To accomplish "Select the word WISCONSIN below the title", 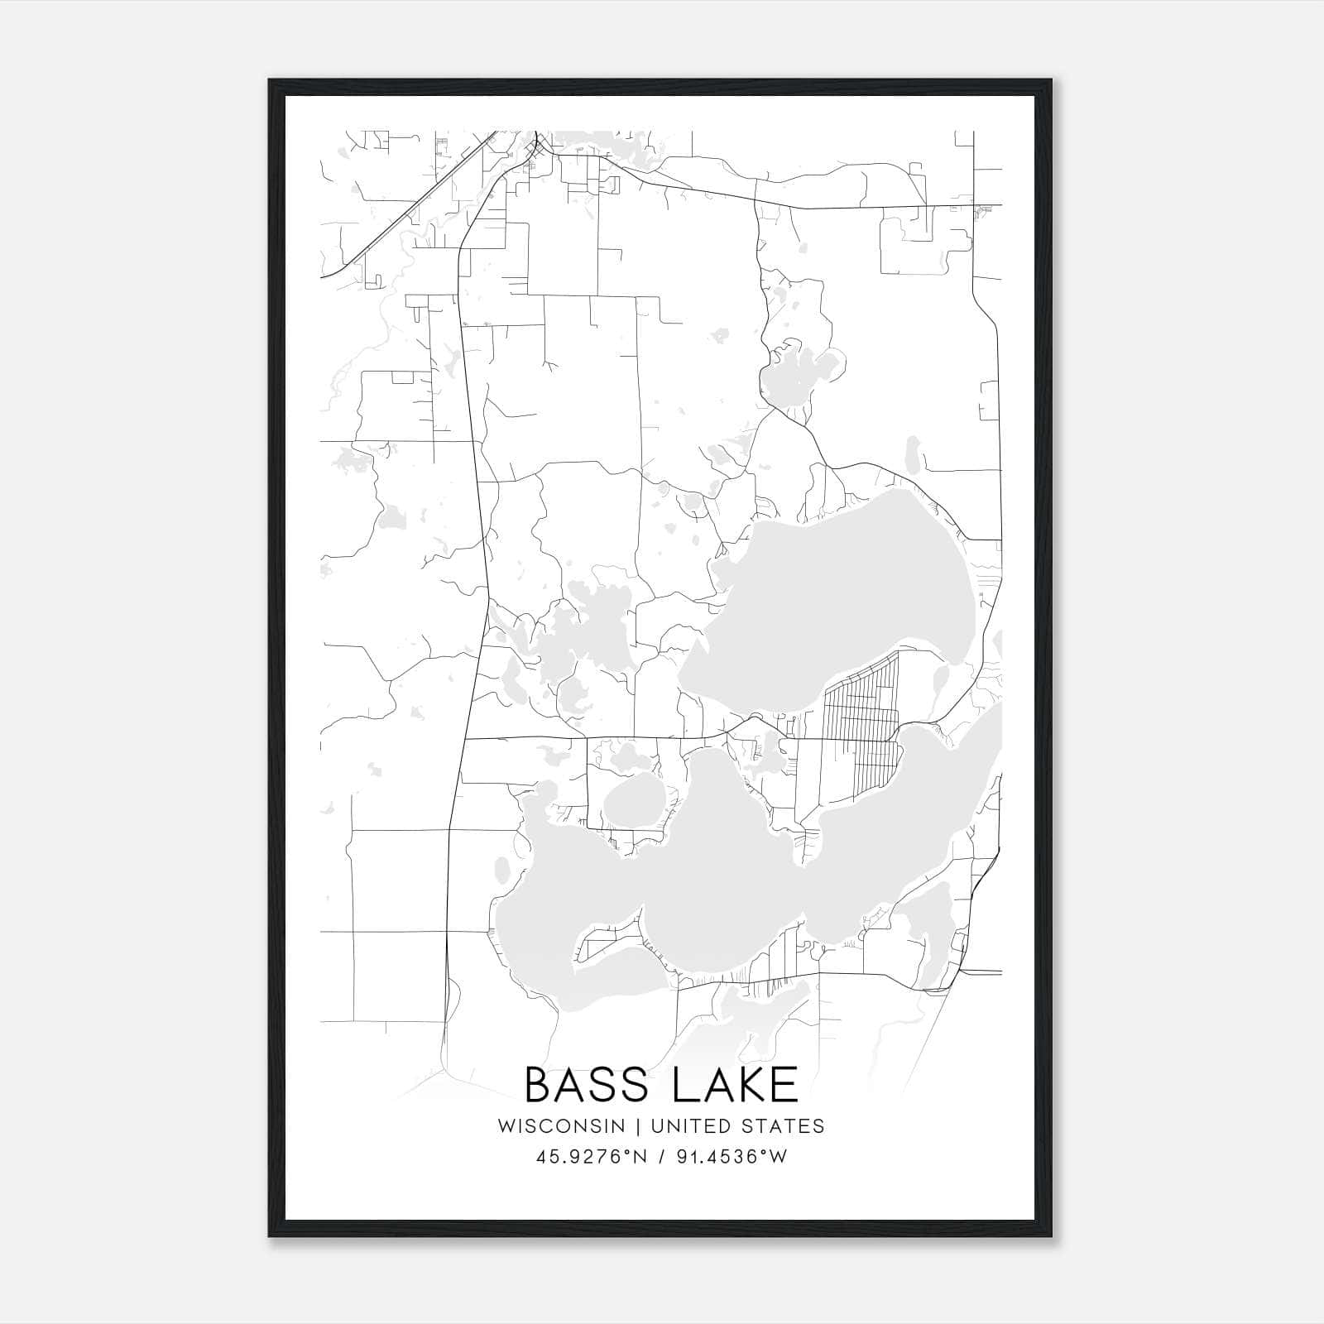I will pyautogui.click(x=561, y=1126).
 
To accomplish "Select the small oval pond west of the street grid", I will pyautogui.click(x=634, y=801).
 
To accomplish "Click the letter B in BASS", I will pyautogui.click(x=540, y=1084).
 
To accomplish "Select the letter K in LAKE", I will pyautogui.click(x=743, y=1084).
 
